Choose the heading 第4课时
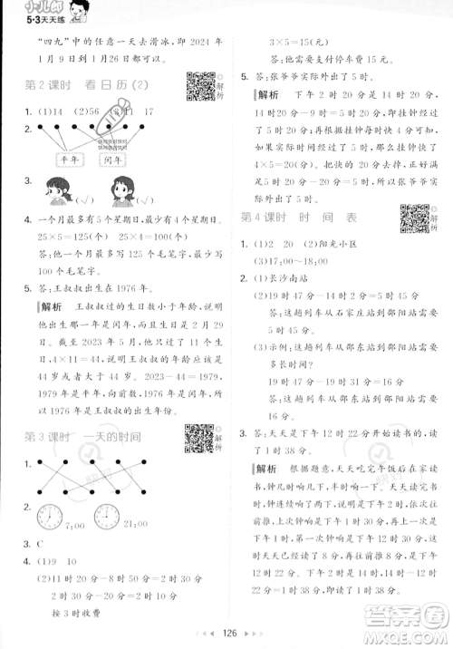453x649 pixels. (x=262, y=218)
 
